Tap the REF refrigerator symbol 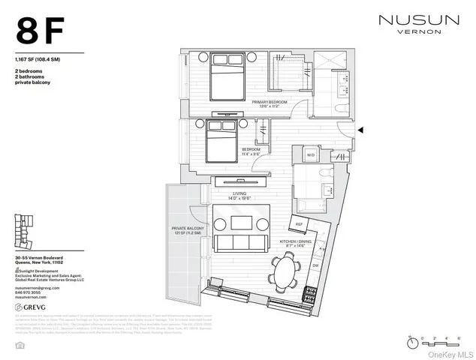pos(299,223)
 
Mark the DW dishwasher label pos(316,266)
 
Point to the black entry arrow pos(361,130)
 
